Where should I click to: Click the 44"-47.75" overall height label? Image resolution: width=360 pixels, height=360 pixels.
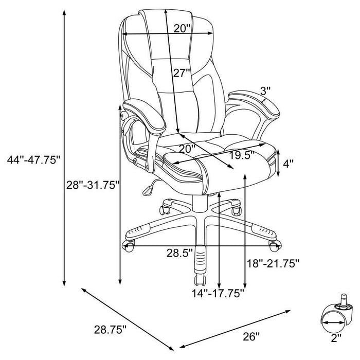(31, 160)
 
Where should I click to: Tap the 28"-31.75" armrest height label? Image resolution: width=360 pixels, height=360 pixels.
(93, 184)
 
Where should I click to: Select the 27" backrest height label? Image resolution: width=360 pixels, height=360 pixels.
(182, 73)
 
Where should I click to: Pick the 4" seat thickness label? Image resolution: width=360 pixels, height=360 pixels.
(289, 164)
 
